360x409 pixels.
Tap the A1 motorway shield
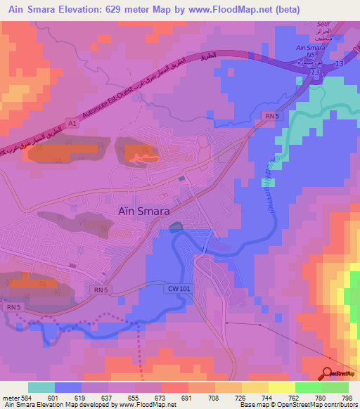71,124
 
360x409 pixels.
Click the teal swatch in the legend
41,387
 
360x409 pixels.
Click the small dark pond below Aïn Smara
174,226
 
